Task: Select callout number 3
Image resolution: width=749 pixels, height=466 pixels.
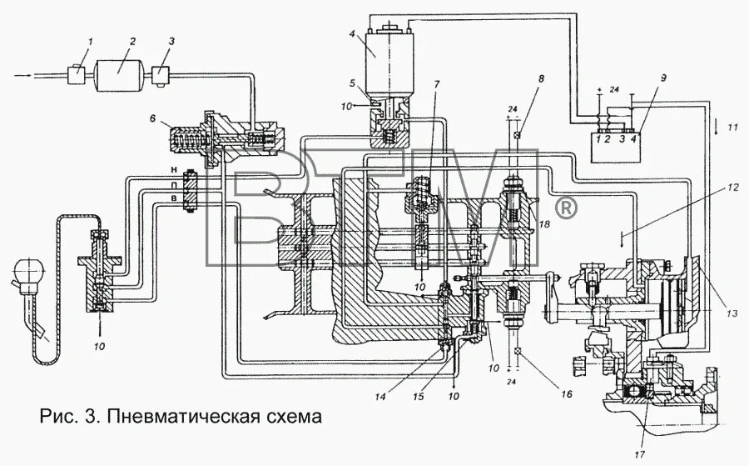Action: [171, 41]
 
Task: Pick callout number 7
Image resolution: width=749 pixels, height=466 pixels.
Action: [435, 87]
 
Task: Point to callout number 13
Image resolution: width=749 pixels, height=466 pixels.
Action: [731, 313]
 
